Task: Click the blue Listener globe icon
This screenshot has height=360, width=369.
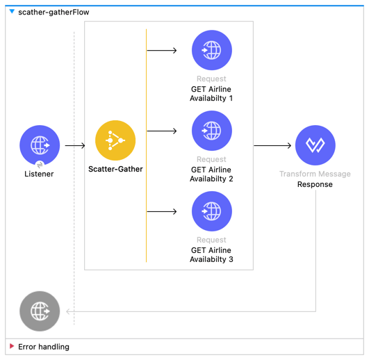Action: [x=40, y=145]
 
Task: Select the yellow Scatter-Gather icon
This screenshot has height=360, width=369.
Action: [x=115, y=141]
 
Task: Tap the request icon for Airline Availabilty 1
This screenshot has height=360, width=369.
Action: [x=211, y=51]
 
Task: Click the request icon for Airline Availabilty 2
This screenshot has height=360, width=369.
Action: [x=211, y=131]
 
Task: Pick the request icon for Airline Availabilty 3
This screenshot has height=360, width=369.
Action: [x=211, y=211]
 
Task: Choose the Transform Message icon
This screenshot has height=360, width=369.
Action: [x=315, y=145]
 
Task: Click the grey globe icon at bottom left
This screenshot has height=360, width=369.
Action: [x=40, y=311]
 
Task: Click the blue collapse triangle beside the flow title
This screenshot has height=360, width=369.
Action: [x=12, y=12]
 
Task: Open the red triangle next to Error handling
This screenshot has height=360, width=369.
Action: [x=12, y=346]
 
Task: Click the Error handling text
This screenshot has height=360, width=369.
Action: [x=44, y=346]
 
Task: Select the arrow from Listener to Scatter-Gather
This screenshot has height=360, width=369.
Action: [x=74, y=146]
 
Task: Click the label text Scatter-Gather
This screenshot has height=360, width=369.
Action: [x=115, y=169]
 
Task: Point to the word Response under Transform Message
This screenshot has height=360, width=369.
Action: [x=315, y=185]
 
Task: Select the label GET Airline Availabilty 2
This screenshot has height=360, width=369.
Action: [x=211, y=174]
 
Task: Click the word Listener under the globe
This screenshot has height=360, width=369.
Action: [x=39, y=174]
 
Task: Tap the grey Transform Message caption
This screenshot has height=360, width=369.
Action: [x=315, y=174]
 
